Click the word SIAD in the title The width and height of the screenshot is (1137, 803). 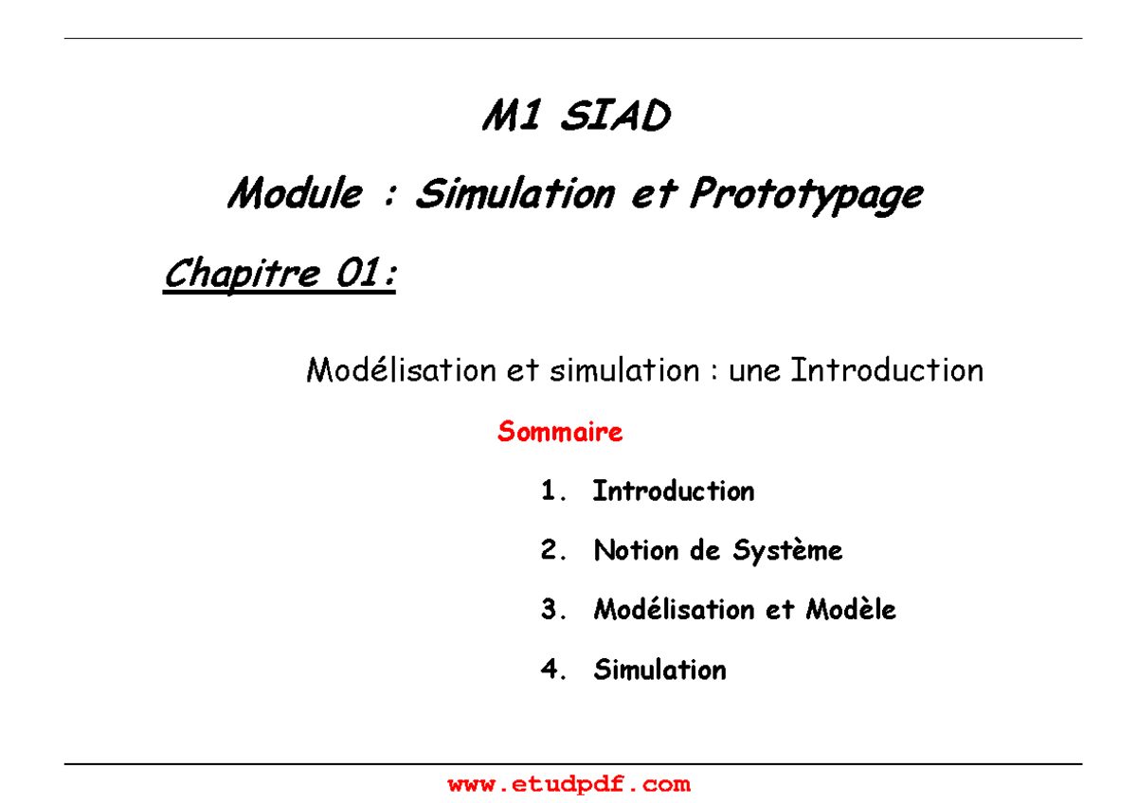(x=616, y=118)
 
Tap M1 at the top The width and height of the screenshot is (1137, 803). (x=513, y=118)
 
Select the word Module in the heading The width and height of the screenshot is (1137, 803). (x=295, y=195)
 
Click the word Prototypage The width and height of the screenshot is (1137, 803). (x=805, y=195)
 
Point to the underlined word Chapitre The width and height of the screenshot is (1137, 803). (x=242, y=276)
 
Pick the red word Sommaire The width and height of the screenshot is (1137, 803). (x=560, y=433)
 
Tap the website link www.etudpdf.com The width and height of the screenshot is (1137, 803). (x=568, y=784)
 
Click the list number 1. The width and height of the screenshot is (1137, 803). (x=551, y=491)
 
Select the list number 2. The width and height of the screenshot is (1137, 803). (x=553, y=551)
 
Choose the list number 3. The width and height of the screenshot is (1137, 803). (x=553, y=611)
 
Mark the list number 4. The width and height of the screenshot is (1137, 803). (x=553, y=670)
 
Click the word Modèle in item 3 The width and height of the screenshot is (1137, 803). (x=850, y=611)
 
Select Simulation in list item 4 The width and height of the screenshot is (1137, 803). (x=659, y=670)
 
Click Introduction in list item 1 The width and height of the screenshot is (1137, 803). (x=673, y=491)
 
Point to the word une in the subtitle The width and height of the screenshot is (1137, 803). (x=755, y=370)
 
